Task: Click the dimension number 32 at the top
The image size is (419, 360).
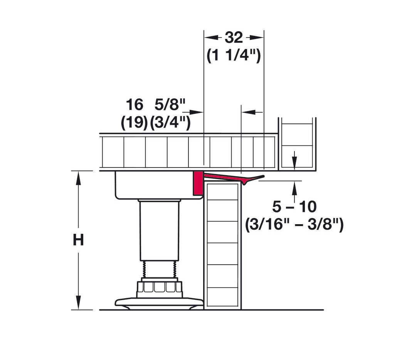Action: pyautogui.click(x=234, y=37)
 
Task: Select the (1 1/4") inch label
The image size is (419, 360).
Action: pyautogui.click(x=234, y=56)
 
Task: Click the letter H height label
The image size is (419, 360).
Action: pyautogui.click(x=78, y=240)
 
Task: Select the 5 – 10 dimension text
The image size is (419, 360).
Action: pyautogui.click(x=294, y=207)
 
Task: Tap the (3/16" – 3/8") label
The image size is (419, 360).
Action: pyautogui.click(x=294, y=225)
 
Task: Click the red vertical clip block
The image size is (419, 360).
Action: pyautogui.click(x=198, y=183)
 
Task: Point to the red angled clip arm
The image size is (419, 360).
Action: pyautogui.click(x=231, y=177)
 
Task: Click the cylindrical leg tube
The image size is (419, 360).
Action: pyautogui.click(x=159, y=230)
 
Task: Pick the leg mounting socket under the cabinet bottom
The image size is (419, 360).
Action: pyautogui.click(x=154, y=185)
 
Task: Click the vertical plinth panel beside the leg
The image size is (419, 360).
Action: pyautogui.click(x=222, y=247)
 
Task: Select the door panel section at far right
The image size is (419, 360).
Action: pyautogui.click(x=297, y=145)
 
